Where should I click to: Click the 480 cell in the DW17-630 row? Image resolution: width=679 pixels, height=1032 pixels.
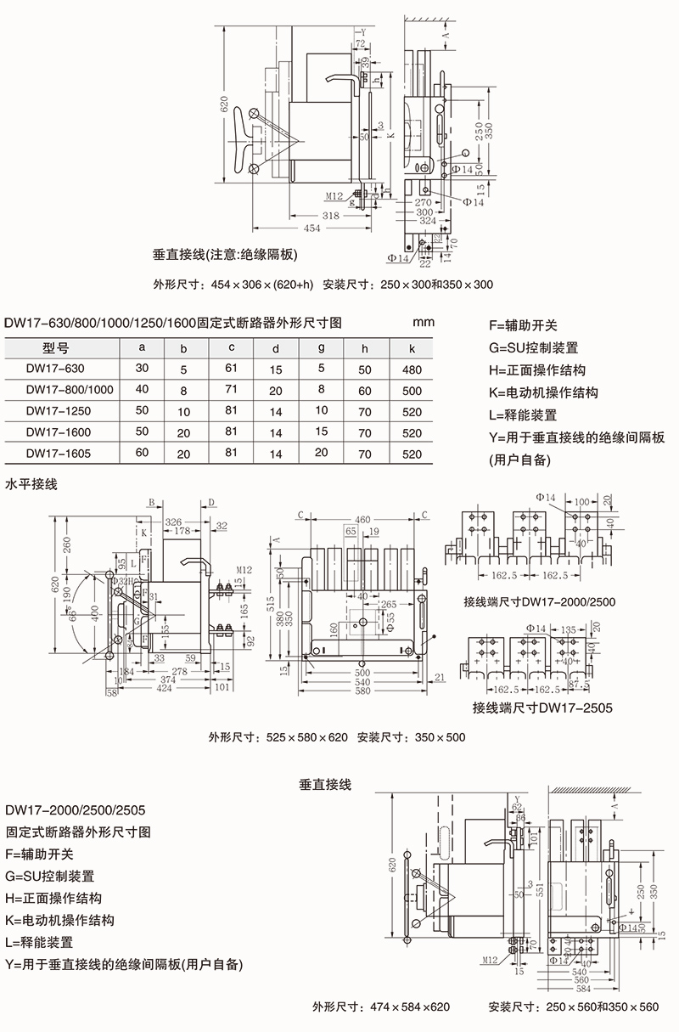[412, 369]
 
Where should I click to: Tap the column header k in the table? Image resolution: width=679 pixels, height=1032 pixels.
[412, 347]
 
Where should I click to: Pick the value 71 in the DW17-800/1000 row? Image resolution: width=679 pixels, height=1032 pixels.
[231, 390]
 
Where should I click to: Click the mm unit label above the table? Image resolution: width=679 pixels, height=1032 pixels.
[423, 323]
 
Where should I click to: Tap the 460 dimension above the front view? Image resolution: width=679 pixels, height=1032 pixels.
[363, 519]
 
